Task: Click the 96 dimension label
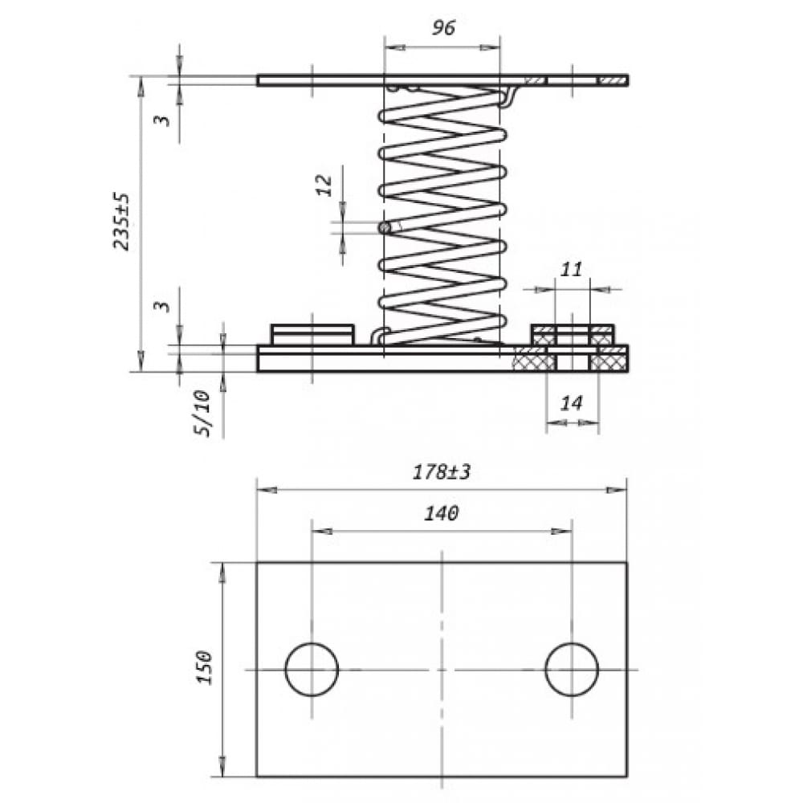point(443,27)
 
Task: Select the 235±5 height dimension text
point(121,222)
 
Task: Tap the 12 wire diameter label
point(324,185)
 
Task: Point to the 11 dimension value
point(571,269)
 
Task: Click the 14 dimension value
point(571,403)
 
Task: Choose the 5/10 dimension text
point(202,413)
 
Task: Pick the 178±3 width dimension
point(442,471)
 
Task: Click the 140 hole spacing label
point(442,512)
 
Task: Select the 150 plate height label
point(205,667)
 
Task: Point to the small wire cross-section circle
point(385,228)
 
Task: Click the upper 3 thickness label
point(162,120)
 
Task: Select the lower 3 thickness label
point(162,306)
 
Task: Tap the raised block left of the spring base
point(312,334)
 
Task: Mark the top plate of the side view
point(442,79)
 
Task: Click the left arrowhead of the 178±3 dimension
point(267,490)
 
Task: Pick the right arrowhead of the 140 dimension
point(561,531)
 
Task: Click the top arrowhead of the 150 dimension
point(222,573)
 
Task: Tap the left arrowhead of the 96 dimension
point(395,47)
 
